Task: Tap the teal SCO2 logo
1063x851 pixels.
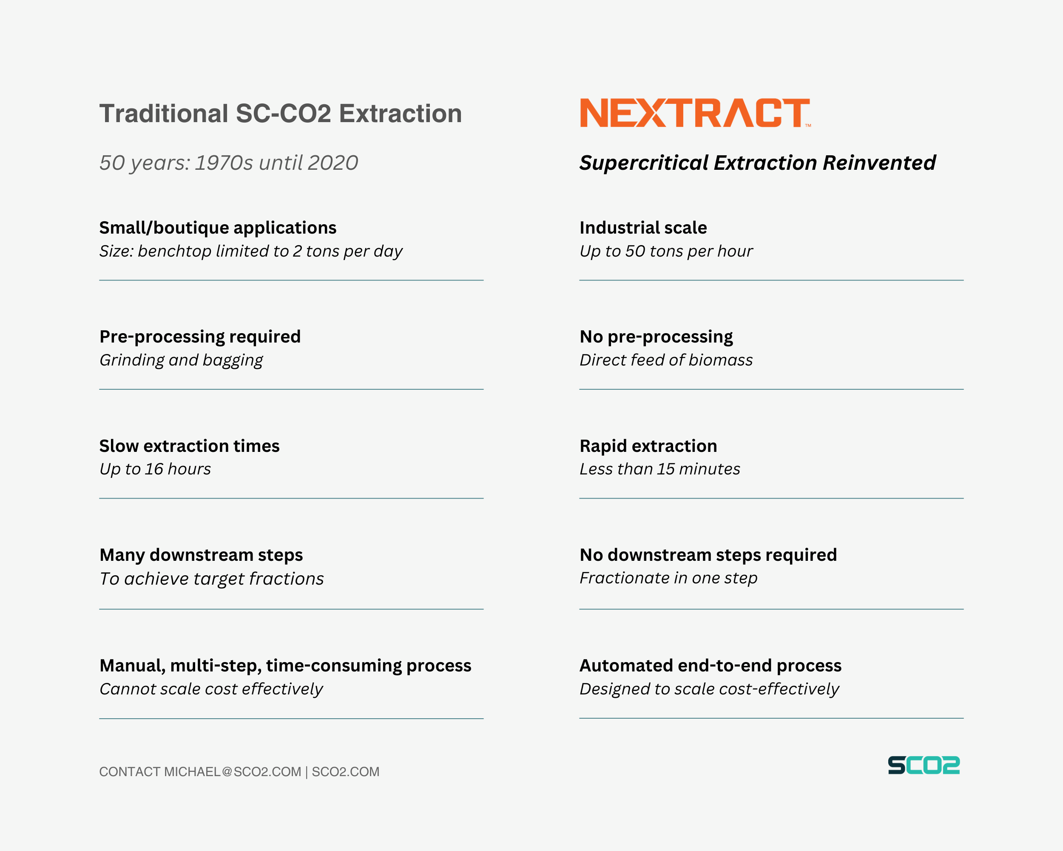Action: [x=924, y=765]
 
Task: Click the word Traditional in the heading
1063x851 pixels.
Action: [x=163, y=114]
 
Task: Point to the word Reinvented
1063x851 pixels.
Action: [x=879, y=163]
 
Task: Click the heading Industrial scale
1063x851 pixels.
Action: [x=643, y=228]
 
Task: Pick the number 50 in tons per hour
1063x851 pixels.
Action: [x=635, y=251]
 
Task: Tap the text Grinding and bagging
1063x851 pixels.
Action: [x=181, y=360]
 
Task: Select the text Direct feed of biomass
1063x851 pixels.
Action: [x=665, y=360]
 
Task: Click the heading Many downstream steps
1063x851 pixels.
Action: [x=201, y=555]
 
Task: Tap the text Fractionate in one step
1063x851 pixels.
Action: [x=668, y=578]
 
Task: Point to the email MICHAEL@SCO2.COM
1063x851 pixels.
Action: [x=232, y=771]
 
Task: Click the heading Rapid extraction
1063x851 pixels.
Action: [x=648, y=446]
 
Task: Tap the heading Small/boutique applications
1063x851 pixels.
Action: [x=217, y=228]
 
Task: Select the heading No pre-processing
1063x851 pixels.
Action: [x=656, y=337]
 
